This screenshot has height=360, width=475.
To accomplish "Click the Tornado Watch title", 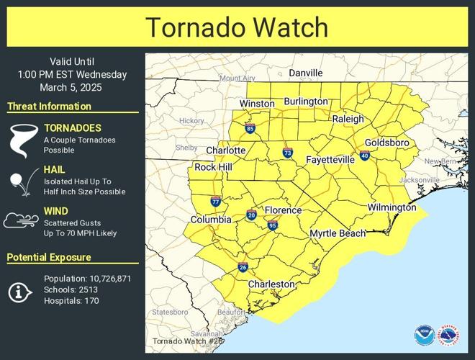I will click(x=237, y=27).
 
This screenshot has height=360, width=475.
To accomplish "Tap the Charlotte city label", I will click(x=225, y=150).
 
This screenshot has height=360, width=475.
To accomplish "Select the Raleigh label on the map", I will click(x=348, y=120).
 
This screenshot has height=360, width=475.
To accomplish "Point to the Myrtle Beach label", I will click(x=338, y=234).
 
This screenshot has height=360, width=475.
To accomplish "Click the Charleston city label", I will click(x=271, y=284).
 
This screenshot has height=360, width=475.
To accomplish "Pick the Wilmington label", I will click(x=392, y=207).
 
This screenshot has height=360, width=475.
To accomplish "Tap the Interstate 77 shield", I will click(x=216, y=201).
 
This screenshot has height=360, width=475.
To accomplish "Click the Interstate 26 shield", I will click(x=243, y=268).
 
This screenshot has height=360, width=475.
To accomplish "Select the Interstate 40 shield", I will click(x=365, y=156).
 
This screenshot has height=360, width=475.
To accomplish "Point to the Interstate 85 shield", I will click(x=250, y=129).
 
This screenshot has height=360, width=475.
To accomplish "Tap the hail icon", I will click(x=19, y=182).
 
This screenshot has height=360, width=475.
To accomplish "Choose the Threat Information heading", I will click(x=49, y=107).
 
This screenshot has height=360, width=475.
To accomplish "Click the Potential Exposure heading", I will click(x=49, y=257).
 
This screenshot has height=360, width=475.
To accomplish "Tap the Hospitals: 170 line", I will click(x=71, y=300).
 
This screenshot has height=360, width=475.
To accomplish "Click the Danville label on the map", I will click(x=306, y=73).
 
